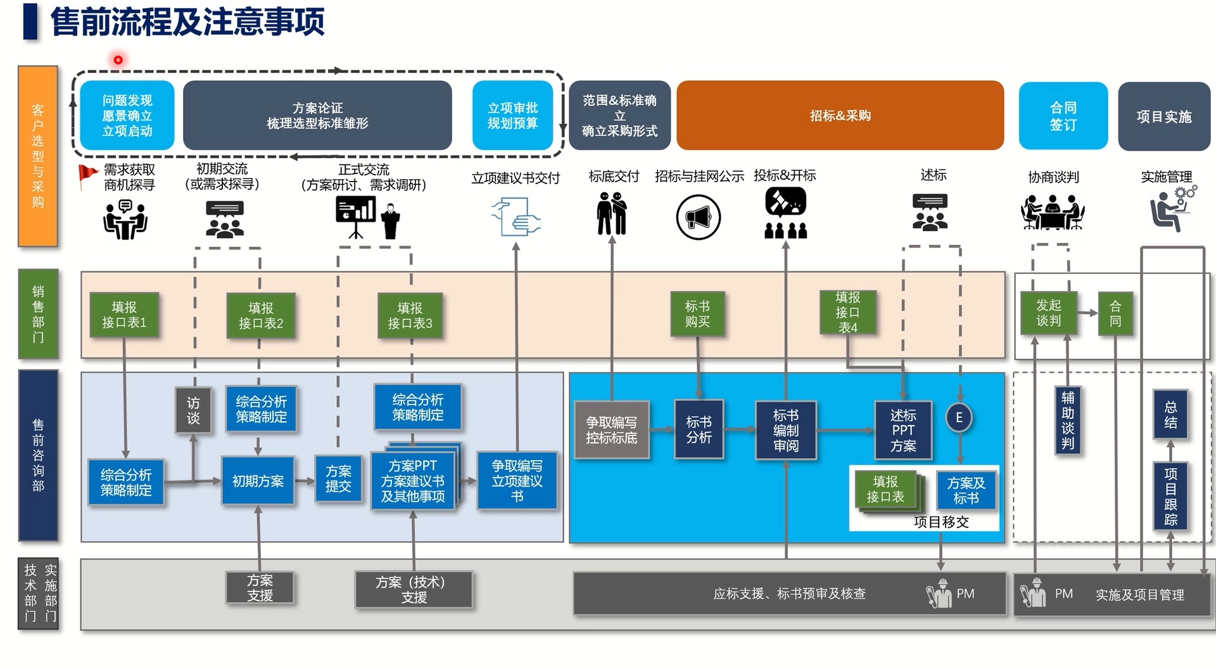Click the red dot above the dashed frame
click(118, 60)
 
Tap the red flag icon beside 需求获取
click(87, 175)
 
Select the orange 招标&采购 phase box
click(840, 115)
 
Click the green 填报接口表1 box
click(124, 315)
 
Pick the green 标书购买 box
click(697, 314)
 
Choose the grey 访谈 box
click(193, 410)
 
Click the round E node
click(959, 418)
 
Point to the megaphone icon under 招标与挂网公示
click(698, 218)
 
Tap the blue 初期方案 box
click(258, 481)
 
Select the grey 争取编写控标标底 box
click(611, 430)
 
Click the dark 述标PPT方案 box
click(903, 430)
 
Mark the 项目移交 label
click(941, 522)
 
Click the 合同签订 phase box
click(1063, 116)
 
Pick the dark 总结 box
click(1170, 415)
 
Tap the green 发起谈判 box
click(1048, 313)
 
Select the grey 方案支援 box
click(260, 587)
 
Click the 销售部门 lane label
click(38, 314)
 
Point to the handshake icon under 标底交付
click(612, 214)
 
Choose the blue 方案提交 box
click(338, 479)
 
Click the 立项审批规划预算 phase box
click(512, 115)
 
